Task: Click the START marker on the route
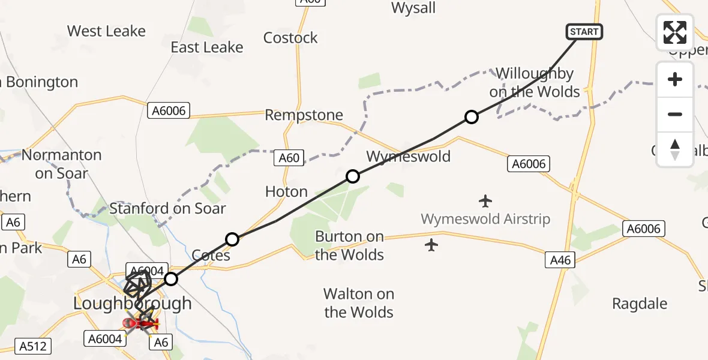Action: [x=584, y=32]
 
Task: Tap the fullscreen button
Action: [x=675, y=32]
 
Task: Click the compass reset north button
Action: [x=675, y=149]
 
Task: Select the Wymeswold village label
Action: [x=408, y=157]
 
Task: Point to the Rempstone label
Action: [x=304, y=115]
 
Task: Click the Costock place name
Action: [x=290, y=38]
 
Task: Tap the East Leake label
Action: [x=207, y=47]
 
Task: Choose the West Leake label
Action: [x=106, y=31]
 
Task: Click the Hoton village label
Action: [x=286, y=191]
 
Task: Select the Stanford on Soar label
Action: [x=167, y=209]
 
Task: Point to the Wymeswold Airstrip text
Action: [x=485, y=219]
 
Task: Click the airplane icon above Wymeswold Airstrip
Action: [x=485, y=200]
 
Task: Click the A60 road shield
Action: [x=289, y=158]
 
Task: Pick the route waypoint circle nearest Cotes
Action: [x=232, y=239]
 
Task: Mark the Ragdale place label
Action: [x=640, y=304]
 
